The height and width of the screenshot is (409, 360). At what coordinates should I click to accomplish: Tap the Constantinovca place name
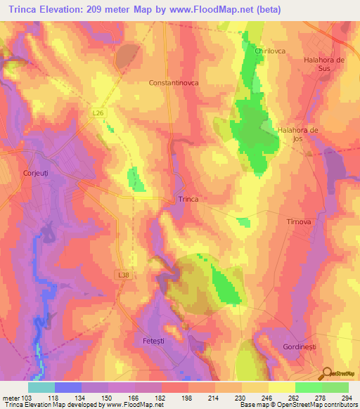174,82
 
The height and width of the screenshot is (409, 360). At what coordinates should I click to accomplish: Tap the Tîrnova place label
299,221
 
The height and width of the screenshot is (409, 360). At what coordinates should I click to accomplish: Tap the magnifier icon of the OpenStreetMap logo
327,373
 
